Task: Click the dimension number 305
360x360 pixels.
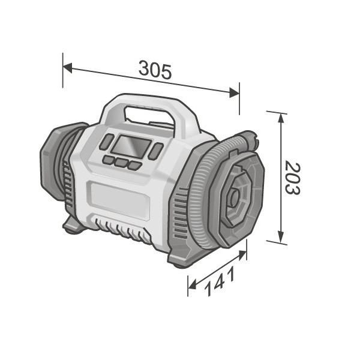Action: coord(155,70)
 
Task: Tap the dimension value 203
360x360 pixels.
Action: coord(293,178)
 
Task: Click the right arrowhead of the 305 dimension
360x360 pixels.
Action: coord(235,92)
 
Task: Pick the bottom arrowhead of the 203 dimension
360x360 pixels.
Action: coord(281,236)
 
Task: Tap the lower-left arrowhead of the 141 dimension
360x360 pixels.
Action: coord(193,284)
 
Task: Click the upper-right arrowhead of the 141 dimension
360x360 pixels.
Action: coord(242,255)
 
